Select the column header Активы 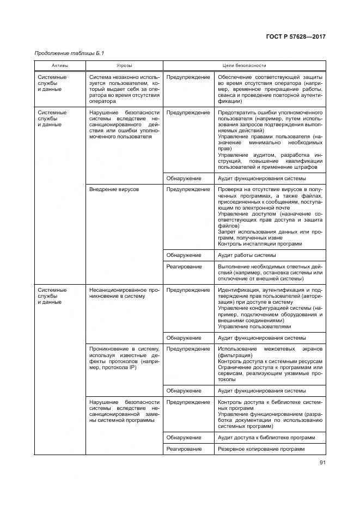point(60,65)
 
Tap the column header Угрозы point(124,65)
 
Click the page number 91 point(322,463)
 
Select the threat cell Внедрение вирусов point(114,189)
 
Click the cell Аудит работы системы point(246,255)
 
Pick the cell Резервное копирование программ point(260,449)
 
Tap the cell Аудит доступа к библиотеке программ point(266,437)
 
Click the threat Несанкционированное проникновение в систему point(123,293)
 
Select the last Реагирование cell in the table point(184,449)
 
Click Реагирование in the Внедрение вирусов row point(184,267)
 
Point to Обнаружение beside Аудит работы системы point(184,255)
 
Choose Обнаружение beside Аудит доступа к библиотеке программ point(184,437)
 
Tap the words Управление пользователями point(254,326)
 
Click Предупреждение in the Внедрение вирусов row point(188,189)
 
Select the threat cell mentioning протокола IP point(123,358)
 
